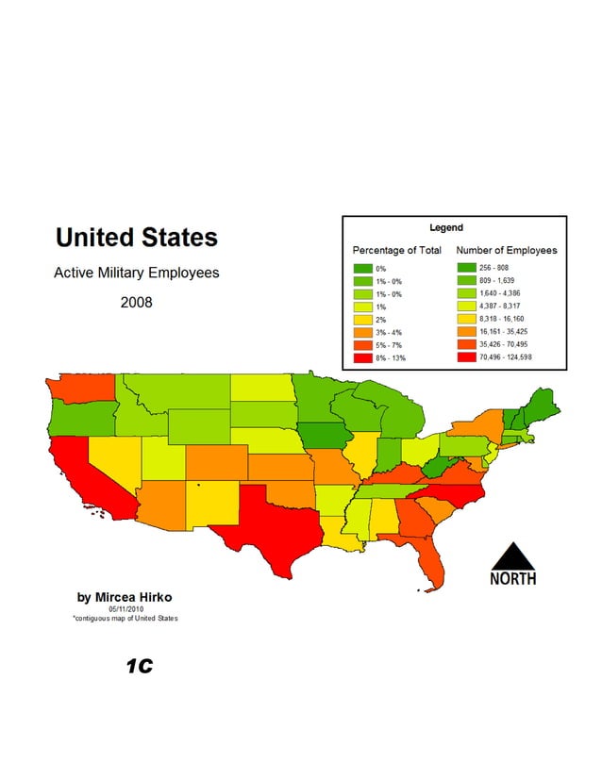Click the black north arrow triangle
[511, 556]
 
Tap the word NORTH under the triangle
[512, 578]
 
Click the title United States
[136, 236]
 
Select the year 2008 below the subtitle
[136, 304]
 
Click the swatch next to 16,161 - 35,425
[466, 333]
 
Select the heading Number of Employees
[506, 250]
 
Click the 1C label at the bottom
[139, 667]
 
